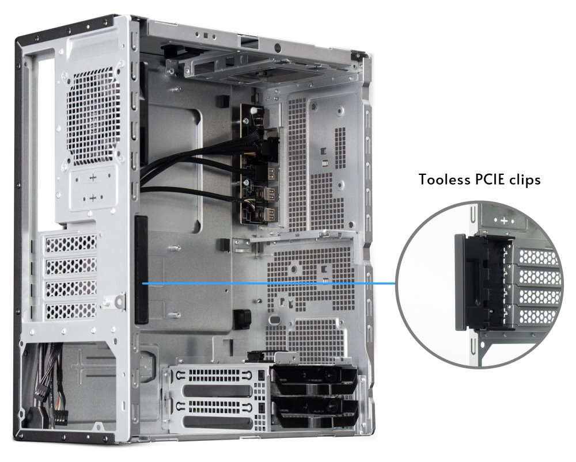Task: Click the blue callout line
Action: pos(269,284)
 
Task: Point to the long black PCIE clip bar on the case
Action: pos(142,270)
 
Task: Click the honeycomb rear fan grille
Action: pos(94,117)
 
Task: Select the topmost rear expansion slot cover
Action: pos(71,243)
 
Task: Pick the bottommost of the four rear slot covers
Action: pos(71,311)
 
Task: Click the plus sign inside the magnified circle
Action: pos(504,220)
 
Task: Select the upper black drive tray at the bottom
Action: pos(315,379)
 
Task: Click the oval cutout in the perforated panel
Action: pos(275,320)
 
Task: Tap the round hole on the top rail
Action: pos(278,47)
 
